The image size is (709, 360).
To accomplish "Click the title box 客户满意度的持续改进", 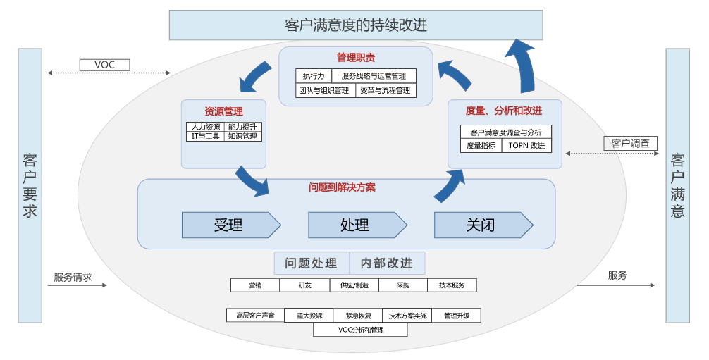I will click(x=356, y=25).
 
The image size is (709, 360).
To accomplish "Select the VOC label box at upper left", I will click(x=104, y=65).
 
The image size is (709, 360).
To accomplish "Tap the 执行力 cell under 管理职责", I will click(x=314, y=76).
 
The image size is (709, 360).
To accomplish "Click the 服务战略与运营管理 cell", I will click(x=374, y=76).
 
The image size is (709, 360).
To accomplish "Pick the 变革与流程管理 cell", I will click(x=385, y=90).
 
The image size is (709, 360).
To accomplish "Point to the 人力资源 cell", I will click(x=206, y=127).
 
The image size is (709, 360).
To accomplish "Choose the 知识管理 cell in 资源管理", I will click(x=243, y=136).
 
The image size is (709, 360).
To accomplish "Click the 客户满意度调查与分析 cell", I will click(x=506, y=132).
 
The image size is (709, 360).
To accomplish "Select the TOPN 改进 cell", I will click(x=526, y=146).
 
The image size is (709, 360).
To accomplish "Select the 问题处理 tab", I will click(x=312, y=263).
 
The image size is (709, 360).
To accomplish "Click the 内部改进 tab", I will click(x=387, y=263).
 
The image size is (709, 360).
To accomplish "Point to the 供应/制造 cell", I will click(x=353, y=285).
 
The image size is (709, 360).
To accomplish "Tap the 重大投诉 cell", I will click(x=309, y=316).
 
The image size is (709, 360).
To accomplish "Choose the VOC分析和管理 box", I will click(x=360, y=329).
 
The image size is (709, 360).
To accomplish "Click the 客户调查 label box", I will click(x=630, y=144).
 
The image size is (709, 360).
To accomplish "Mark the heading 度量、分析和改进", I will click(x=504, y=111).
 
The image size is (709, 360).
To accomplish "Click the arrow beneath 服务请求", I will click(x=80, y=285).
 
